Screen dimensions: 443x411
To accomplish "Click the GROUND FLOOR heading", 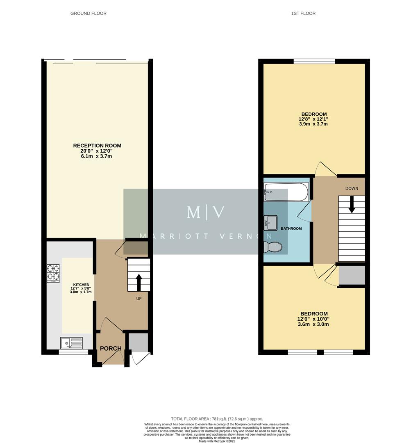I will (88, 14).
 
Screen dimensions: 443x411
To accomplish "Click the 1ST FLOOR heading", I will (303, 14).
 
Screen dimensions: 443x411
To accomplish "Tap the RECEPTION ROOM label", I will (97, 146).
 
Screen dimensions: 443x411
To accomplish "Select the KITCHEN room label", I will (81, 285).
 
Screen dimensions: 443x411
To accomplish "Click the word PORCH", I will (111, 349).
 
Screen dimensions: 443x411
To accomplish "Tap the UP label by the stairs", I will (139, 299).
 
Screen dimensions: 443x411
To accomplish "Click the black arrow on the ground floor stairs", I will (139, 282).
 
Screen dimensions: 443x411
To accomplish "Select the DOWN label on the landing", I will (352, 189).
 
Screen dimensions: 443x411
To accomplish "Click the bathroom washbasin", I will (270, 223).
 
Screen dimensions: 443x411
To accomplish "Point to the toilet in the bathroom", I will (273, 247).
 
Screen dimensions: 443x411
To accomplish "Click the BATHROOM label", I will (291, 228).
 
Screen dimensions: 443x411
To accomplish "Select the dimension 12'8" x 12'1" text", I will (313, 119).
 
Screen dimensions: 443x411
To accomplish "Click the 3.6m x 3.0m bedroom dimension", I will (313, 324).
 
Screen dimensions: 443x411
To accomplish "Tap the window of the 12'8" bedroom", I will (314, 62).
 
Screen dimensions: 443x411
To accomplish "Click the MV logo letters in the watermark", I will (206, 212).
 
